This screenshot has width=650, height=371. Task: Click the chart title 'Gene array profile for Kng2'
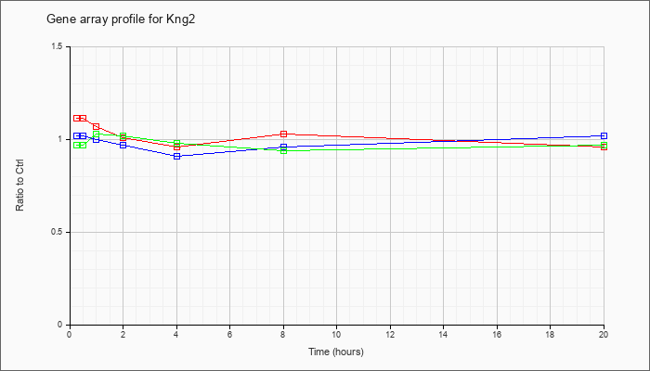point(121,19)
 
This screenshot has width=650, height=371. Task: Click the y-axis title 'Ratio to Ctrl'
point(19,185)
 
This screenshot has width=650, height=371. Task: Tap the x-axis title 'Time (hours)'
point(336,352)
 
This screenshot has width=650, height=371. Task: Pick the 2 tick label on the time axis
point(123,334)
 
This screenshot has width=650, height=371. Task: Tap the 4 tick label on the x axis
point(177,334)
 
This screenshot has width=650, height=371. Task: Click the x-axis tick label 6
point(230,334)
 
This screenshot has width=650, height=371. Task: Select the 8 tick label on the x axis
point(283,334)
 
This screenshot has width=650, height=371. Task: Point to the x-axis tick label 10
point(336,334)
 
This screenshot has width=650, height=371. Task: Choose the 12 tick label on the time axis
point(390,334)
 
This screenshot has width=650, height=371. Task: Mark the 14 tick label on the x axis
point(444,334)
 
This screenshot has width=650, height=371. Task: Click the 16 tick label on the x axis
point(497,334)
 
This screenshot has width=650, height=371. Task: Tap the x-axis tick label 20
point(604,334)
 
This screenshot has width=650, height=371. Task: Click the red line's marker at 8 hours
point(283,134)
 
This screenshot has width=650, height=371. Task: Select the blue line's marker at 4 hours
point(177,156)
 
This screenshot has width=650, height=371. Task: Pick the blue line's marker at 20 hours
point(604,135)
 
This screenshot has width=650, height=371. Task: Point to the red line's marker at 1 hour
point(97,126)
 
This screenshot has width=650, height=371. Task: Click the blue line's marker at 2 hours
point(123,145)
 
